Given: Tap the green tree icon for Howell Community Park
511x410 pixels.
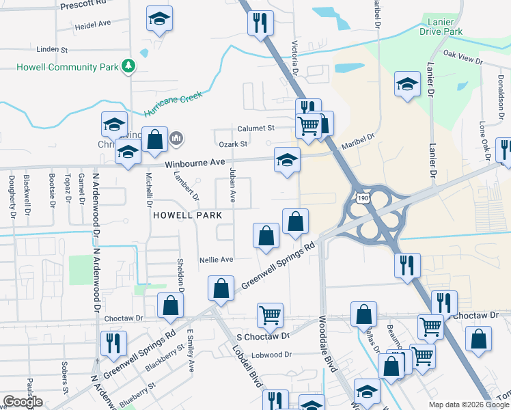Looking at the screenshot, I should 127,66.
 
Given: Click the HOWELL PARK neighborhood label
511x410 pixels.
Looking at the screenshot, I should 187,215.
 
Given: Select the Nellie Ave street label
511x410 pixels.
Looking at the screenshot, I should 216,260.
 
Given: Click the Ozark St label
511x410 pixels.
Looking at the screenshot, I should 232,144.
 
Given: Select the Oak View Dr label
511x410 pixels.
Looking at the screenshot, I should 462,57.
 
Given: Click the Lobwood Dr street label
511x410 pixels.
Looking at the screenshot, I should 271,355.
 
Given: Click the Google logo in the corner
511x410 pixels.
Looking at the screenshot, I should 22,402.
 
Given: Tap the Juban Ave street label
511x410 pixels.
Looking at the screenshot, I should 232,186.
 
